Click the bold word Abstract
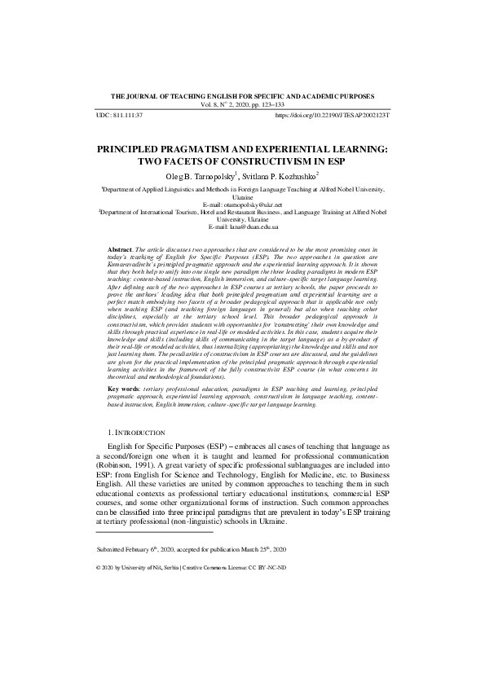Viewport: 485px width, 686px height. pyautogui.click(x=121, y=246)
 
